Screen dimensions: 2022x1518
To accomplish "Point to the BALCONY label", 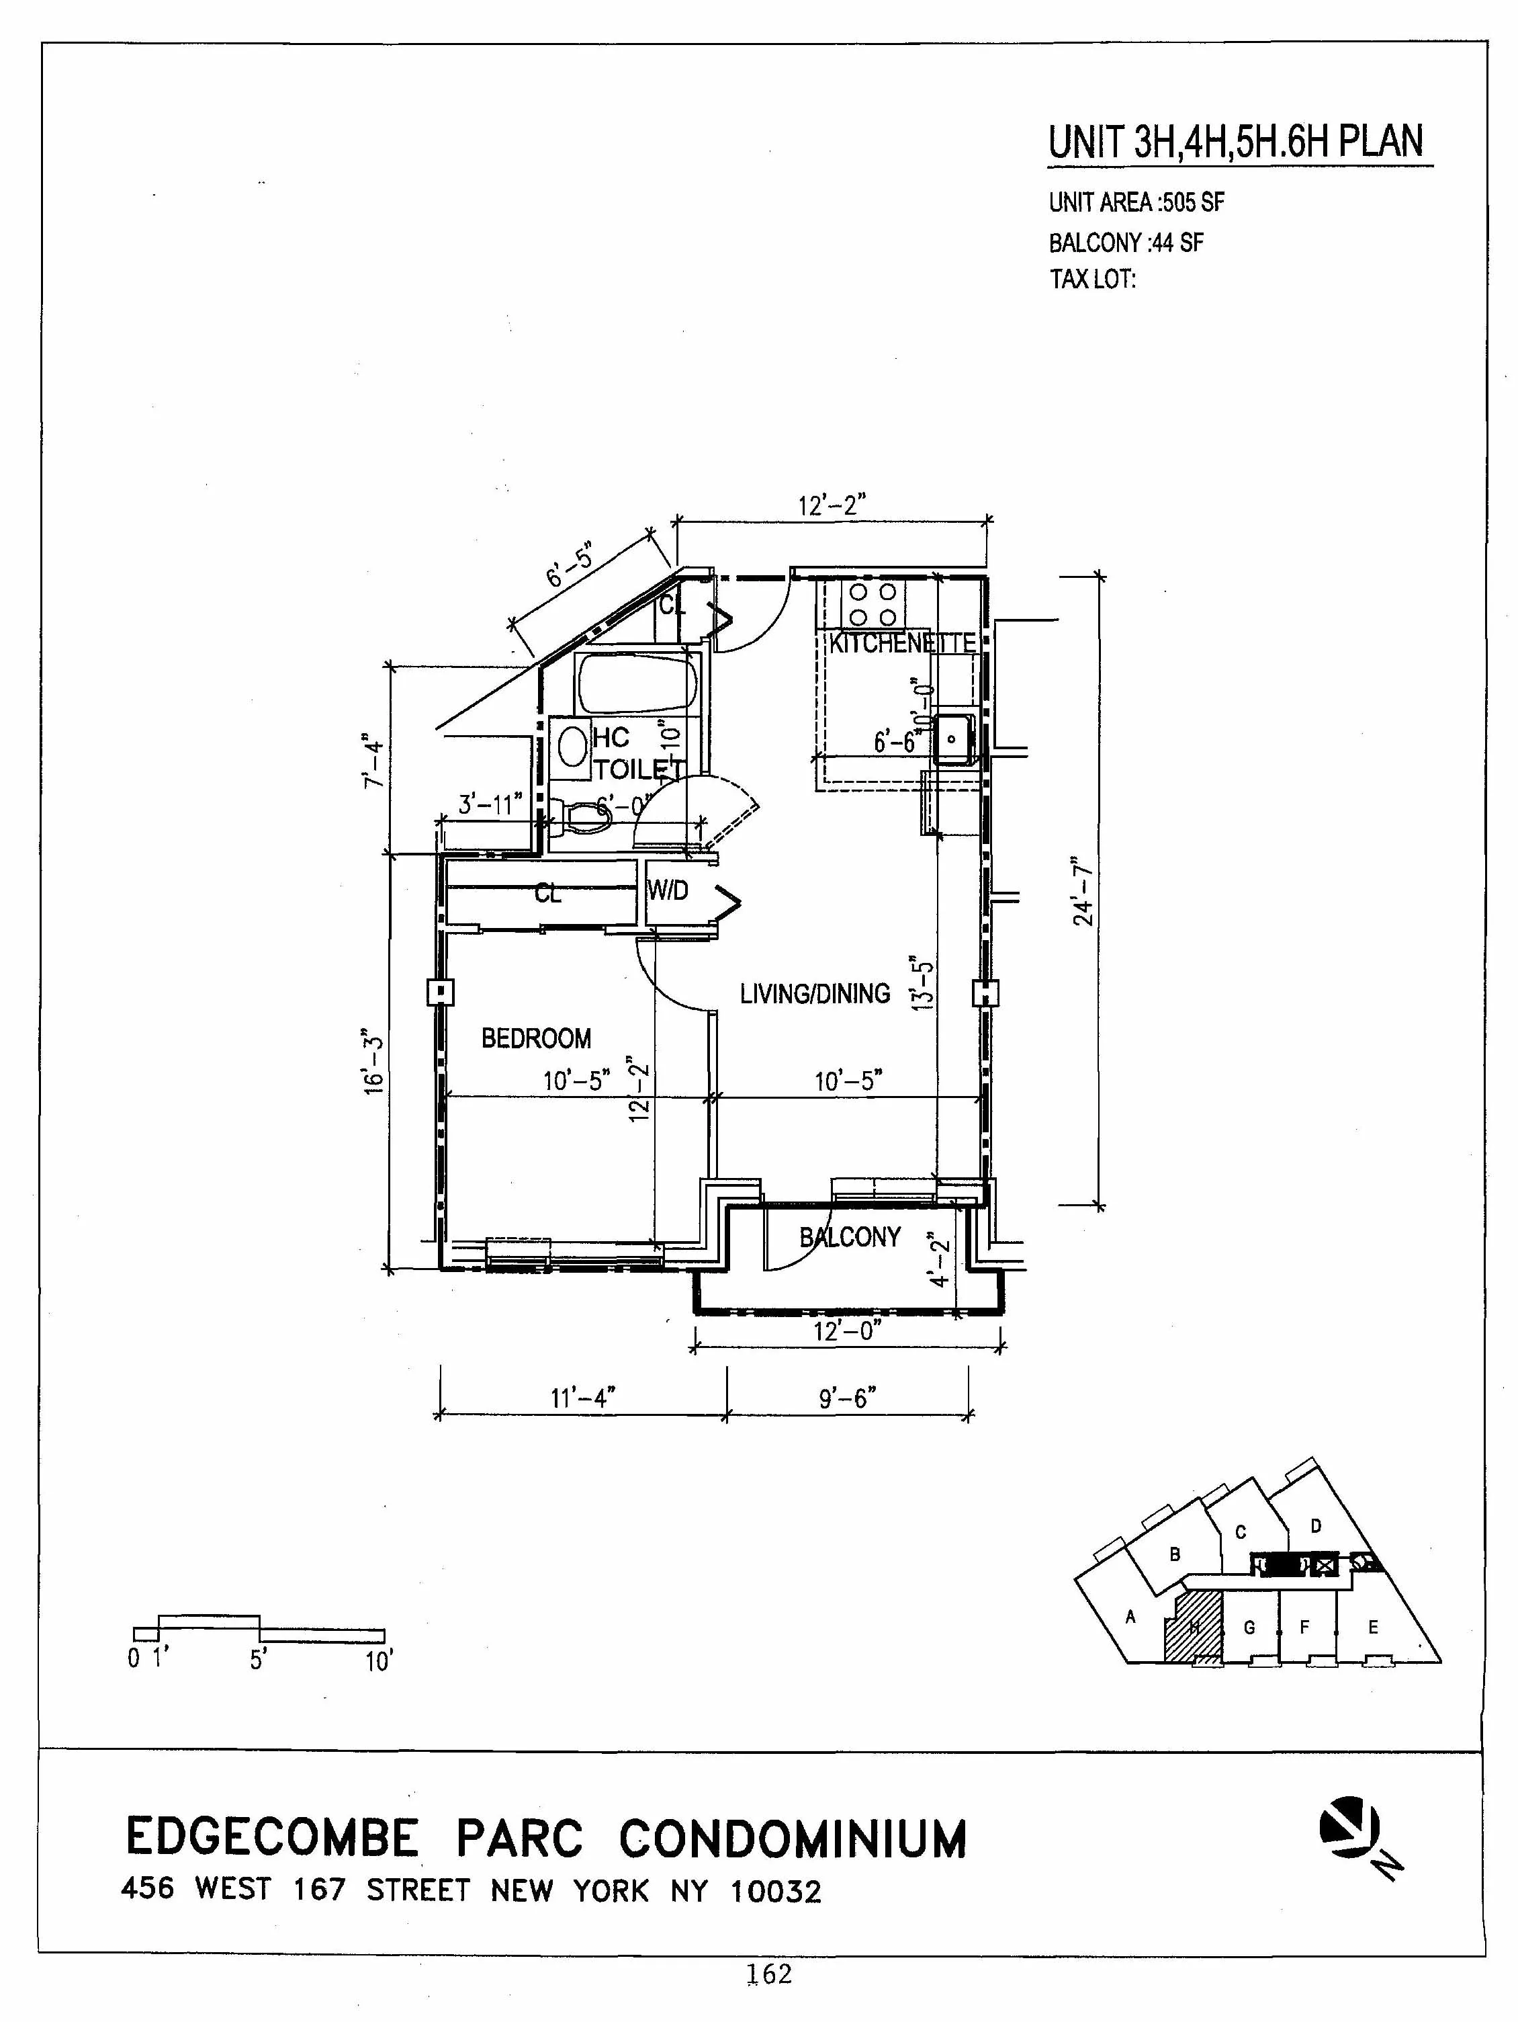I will [849, 1238].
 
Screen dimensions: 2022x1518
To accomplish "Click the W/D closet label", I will [668, 890].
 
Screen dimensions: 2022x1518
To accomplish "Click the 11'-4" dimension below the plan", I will [582, 1398].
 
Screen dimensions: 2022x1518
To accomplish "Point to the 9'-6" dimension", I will [847, 1398].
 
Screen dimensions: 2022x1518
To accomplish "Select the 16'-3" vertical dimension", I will [373, 1065].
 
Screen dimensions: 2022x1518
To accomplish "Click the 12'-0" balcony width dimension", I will [846, 1331].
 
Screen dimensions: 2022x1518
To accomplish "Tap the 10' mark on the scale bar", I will [378, 1661].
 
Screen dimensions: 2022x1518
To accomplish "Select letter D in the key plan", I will [1315, 1525].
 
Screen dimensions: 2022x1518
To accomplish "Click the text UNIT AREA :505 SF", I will [1135, 203].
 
